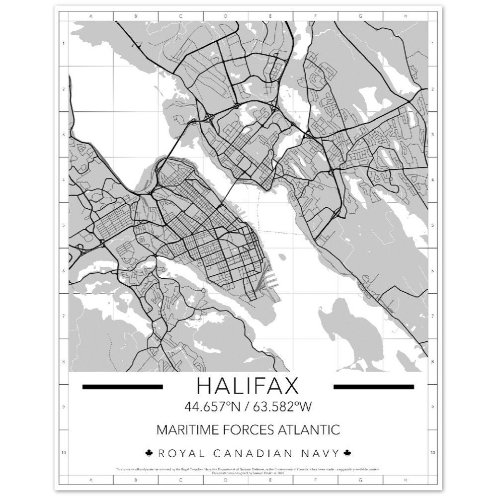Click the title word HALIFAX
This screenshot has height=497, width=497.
pos(248,386)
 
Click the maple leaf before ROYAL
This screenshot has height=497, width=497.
pos(148,453)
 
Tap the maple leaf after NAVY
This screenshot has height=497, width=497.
pos(347,453)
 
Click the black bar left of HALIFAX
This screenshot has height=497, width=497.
pos(122,386)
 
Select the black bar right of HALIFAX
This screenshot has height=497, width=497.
pos(374,386)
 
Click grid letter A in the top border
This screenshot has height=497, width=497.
pos(90,16)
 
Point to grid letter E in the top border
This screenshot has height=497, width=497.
pos(270,16)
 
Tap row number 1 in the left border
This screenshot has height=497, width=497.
pos(64,44)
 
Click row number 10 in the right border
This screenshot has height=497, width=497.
pos(433,453)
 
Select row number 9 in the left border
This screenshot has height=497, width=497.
pos(64,407)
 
